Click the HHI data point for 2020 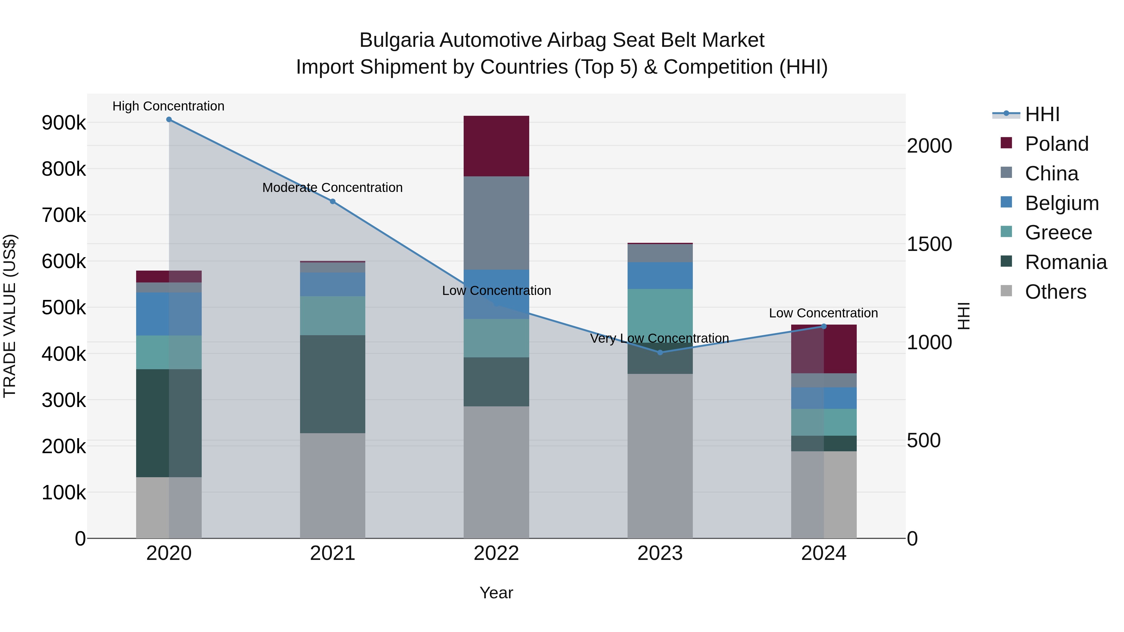pyautogui.click(x=169, y=120)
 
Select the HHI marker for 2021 pyautogui.click(x=333, y=202)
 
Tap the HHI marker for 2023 pyautogui.click(x=660, y=352)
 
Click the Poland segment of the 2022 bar pyautogui.click(x=496, y=146)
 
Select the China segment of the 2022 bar pyautogui.click(x=496, y=223)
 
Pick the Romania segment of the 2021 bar pyautogui.click(x=333, y=384)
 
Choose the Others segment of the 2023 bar pyautogui.click(x=660, y=456)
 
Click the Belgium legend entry pyautogui.click(x=1061, y=203)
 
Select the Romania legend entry pyautogui.click(x=1066, y=262)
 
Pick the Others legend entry pyautogui.click(x=1055, y=292)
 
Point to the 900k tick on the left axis pyautogui.click(x=64, y=123)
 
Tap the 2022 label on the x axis pyautogui.click(x=496, y=553)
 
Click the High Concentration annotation pyautogui.click(x=168, y=106)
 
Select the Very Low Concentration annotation pyautogui.click(x=659, y=338)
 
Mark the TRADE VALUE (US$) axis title pyautogui.click(x=10, y=316)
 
